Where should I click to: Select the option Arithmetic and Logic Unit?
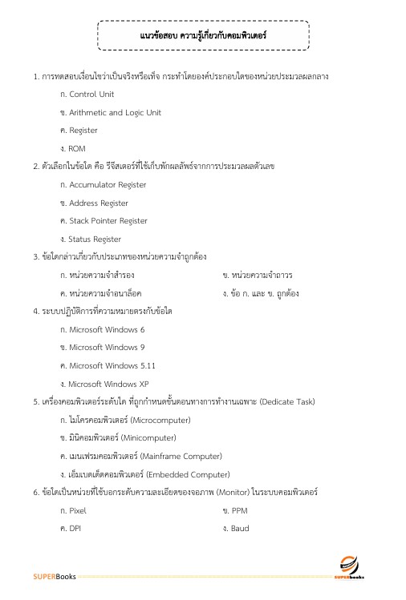pyautogui.click(x=110, y=112)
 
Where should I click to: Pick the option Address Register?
pyautogui.click(x=95, y=203)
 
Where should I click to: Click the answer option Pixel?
pyautogui.click(x=77, y=510)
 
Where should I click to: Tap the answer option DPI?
pyautogui.click(x=75, y=529)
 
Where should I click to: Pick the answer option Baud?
pyautogui.click(x=240, y=529)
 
